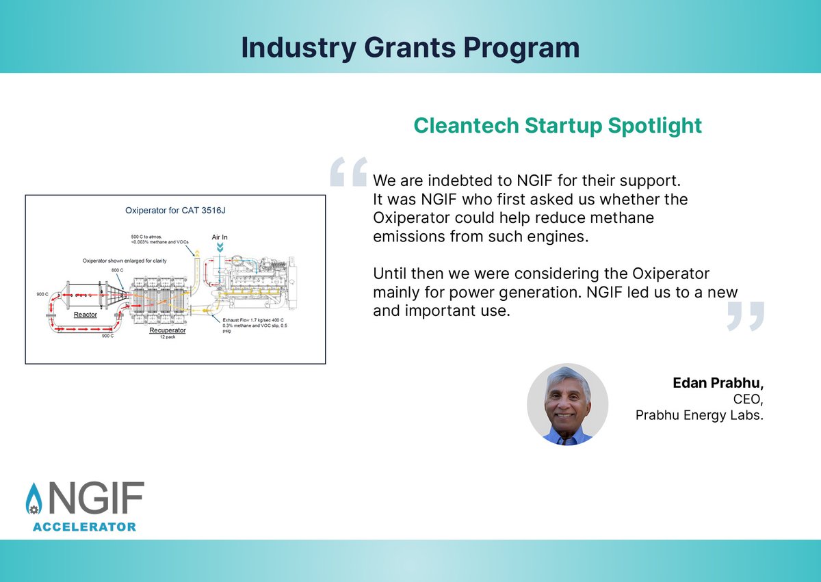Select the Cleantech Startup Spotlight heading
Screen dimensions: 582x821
[x=558, y=126]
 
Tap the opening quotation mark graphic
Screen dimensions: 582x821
[x=348, y=172]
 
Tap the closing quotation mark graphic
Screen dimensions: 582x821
[x=744, y=317]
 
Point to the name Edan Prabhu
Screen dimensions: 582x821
[x=718, y=382]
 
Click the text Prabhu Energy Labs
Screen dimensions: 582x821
[x=699, y=414]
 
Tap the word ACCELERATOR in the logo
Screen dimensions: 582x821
[x=84, y=527]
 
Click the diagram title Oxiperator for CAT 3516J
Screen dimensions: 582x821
[x=174, y=210]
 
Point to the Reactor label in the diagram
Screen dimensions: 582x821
[x=86, y=315]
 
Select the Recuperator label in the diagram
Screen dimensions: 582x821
[x=168, y=330]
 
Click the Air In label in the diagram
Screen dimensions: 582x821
[x=220, y=237]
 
